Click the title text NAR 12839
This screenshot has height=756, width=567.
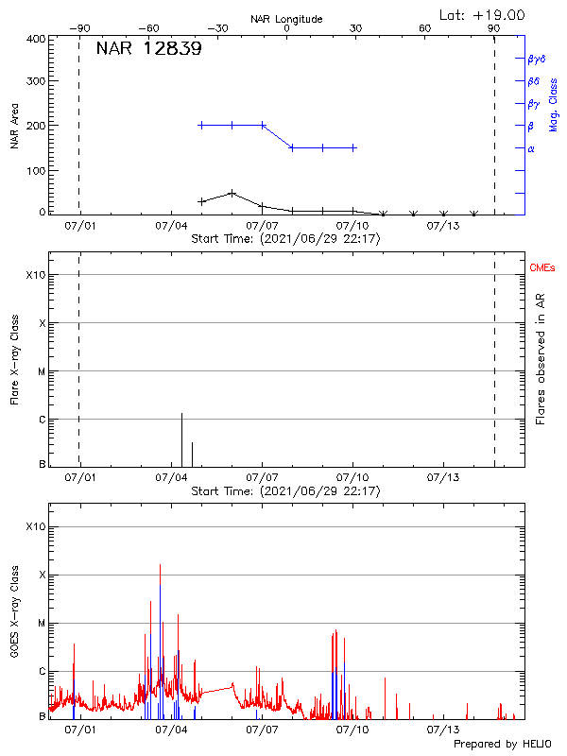click(x=148, y=50)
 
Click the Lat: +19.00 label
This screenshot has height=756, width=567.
click(x=483, y=15)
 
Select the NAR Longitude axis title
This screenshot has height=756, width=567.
click(x=286, y=19)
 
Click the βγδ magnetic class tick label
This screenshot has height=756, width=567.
click(x=537, y=59)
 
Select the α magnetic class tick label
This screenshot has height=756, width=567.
click(x=531, y=148)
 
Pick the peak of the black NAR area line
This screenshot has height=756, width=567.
click(x=232, y=193)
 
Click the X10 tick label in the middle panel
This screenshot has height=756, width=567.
click(x=36, y=275)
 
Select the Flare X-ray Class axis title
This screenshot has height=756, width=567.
click(x=15, y=360)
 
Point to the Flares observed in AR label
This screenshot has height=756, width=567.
click(x=541, y=359)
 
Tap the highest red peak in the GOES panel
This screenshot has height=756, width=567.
click(x=160, y=565)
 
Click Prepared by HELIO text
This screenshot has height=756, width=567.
click(x=502, y=744)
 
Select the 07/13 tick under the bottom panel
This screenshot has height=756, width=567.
click(x=442, y=730)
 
